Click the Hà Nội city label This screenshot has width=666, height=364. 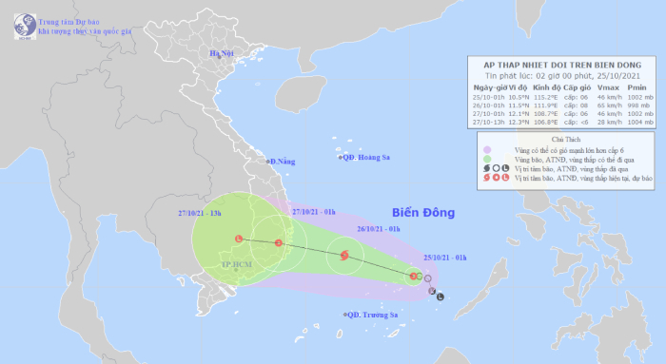tap(222, 51)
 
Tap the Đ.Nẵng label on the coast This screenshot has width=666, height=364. tap(282, 163)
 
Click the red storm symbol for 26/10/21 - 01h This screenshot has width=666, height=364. tap(343, 255)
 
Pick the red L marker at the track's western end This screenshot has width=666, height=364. tap(239, 239)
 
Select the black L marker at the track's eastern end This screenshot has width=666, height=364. tap(440, 297)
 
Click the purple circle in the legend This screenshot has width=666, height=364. tap(488, 149)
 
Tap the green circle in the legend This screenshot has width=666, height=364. tap(488, 160)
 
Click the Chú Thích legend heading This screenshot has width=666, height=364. tap(565, 139)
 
